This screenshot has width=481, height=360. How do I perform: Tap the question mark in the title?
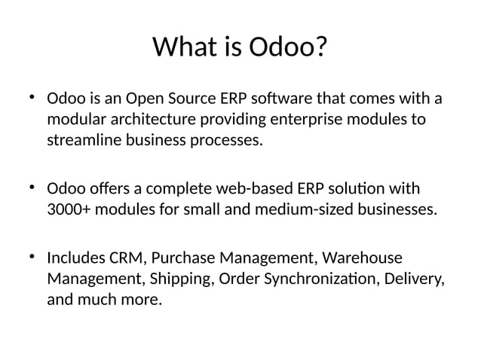click(x=320, y=48)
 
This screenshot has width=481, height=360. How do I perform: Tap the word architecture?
click(x=153, y=121)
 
